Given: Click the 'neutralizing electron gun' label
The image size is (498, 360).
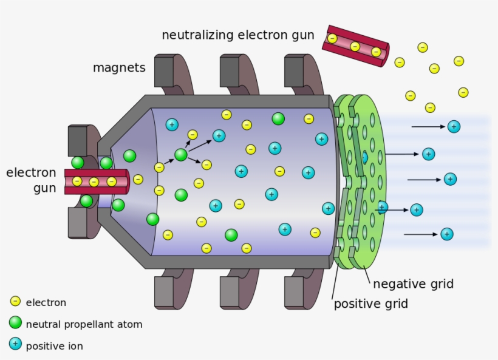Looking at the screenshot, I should [x=237, y=35].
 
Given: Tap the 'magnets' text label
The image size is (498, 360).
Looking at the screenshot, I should [x=119, y=67].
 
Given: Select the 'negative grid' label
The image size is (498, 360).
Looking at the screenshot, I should [x=413, y=284].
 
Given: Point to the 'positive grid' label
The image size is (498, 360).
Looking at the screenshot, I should [x=370, y=304].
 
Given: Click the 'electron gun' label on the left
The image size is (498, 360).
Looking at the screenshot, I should [x=31, y=180].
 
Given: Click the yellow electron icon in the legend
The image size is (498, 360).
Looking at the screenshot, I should [x=15, y=301].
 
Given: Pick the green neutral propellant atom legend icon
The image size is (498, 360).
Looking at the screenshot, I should [x=15, y=323].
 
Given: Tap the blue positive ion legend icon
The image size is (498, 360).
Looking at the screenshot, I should [x=15, y=344].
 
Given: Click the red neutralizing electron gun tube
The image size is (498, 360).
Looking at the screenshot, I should [x=355, y=46].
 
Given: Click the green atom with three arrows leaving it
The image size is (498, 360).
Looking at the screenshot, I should [x=180, y=155].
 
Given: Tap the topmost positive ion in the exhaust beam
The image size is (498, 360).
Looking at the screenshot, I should [x=454, y=126].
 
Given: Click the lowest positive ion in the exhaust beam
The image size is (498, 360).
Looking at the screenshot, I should [x=447, y=234].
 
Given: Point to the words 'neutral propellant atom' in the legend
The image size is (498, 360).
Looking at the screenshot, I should [x=84, y=324].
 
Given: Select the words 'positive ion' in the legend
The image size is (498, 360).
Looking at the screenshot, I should [x=54, y=346].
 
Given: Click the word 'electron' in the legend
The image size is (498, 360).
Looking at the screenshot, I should [x=46, y=302].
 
